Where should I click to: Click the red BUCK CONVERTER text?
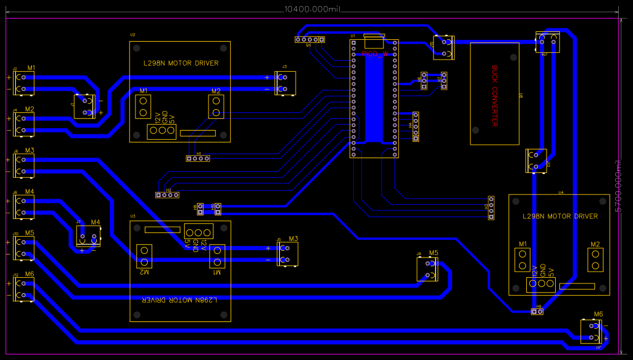click(494, 96)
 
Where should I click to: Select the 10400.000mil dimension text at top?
click(312, 10)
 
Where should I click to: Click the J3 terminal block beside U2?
click(285, 83)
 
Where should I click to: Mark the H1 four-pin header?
click(198, 158)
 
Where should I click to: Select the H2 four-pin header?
click(167, 195)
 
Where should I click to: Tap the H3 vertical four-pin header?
click(491, 208)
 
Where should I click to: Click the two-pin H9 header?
click(537, 312)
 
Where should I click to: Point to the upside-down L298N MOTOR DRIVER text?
click(180, 301)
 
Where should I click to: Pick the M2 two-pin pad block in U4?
click(595, 260)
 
